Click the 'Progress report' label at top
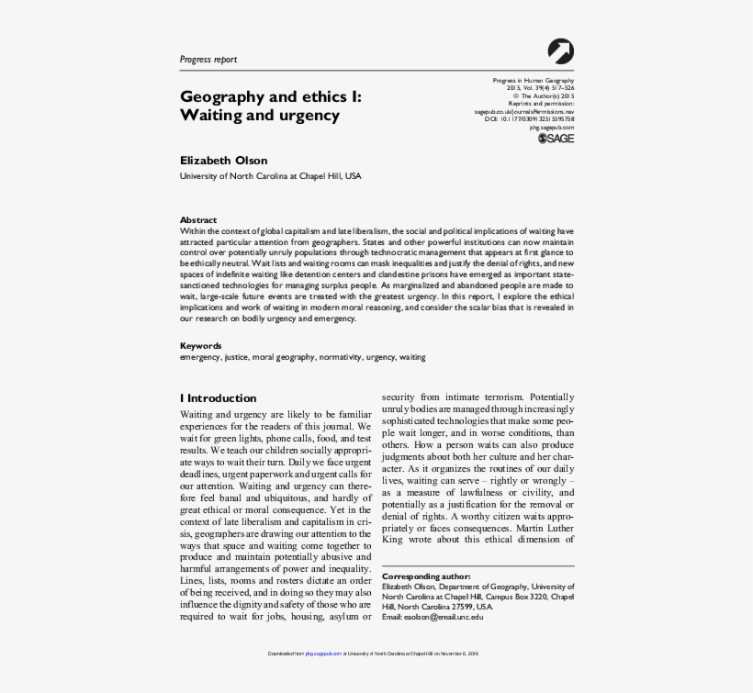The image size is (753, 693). (208, 60)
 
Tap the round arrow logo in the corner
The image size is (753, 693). (560, 51)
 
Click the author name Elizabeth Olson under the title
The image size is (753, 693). (223, 161)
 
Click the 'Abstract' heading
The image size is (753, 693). (198, 220)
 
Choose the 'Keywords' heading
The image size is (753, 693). (200, 346)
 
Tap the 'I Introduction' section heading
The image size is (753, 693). (218, 398)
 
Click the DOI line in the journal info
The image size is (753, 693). (530, 119)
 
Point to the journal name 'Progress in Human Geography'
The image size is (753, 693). (534, 81)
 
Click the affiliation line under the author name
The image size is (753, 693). (270, 175)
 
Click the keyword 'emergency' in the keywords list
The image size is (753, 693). (200, 357)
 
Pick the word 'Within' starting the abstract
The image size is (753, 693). (192, 230)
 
